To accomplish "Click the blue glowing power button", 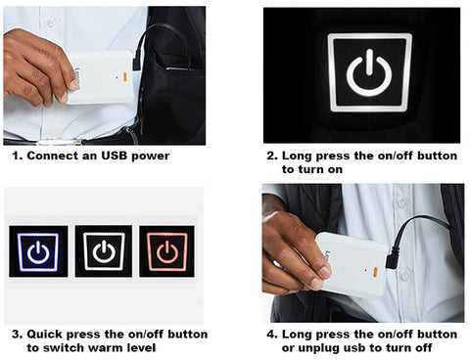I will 39,251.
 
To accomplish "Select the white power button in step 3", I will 104,251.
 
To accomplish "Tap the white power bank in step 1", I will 100,78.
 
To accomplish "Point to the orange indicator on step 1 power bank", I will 125,77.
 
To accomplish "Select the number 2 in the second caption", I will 270,156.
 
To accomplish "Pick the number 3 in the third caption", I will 13,335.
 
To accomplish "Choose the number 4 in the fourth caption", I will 269,335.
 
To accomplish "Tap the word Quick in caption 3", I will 44,335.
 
